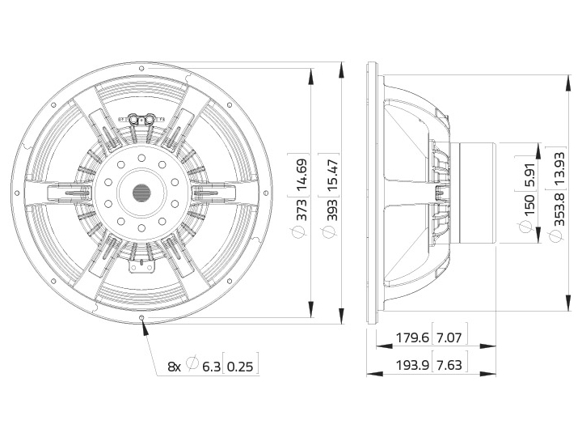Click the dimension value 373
[x=302, y=210]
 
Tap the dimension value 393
[x=332, y=210]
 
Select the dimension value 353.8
[x=559, y=210]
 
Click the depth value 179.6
[x=412, y=337]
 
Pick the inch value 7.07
[x=449, y=337]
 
